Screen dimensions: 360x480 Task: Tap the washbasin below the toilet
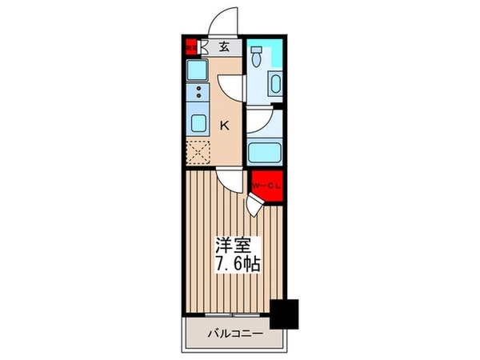coord(274,85)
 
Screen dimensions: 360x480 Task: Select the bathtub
coord(264,151)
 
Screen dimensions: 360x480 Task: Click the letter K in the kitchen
coord(225,125)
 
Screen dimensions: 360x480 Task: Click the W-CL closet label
coord(266,186)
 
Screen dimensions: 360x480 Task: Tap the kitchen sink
coord(197,122)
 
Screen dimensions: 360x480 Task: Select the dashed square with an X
coord(197,150)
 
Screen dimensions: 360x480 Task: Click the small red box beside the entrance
coord(191,46)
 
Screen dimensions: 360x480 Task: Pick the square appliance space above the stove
coord(195,70)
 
